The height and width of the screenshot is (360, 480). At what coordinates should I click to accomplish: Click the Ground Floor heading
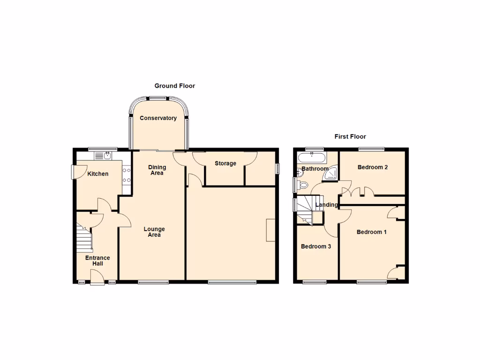[x=174, y=86]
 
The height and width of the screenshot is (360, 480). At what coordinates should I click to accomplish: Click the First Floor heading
[x=350, y=136]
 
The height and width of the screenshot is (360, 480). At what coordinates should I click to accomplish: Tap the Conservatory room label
[x=158, y=118]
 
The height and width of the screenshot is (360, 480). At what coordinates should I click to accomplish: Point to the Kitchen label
[x=98, y=174]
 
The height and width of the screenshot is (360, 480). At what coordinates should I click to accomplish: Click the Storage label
[x=225, y=164]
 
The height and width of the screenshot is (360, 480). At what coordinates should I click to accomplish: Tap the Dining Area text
[x=157, y=170]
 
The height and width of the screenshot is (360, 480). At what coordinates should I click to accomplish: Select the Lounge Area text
[x=154, y=232]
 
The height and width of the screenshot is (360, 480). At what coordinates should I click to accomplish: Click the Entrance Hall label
[x=97, y=261]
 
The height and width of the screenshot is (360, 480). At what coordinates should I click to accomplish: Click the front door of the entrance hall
[x=97, y=279]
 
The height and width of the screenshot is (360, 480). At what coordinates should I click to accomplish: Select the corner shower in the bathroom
[x=331, y=174]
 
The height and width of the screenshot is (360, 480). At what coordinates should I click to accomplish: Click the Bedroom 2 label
[x=372, y=167]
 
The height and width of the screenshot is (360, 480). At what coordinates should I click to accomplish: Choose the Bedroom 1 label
[x=371, y=232]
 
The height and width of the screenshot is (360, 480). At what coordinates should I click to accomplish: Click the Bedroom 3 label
[x=316, y=247]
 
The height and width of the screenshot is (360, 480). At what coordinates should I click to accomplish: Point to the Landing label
[x=326, y=205]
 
